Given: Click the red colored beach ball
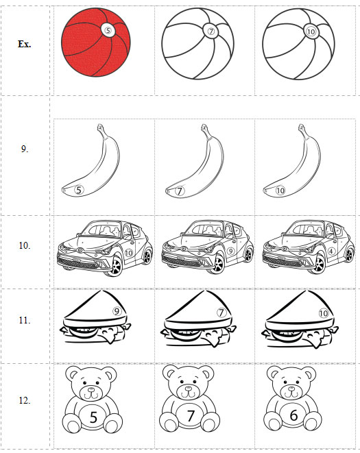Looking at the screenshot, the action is (96, 42).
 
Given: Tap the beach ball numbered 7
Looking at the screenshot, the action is (197, 44).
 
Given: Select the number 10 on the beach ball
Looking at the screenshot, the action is (311, 32).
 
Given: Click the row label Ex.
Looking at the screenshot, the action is (24, 44).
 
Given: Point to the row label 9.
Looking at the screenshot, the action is (24, 149).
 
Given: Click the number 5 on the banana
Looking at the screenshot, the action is (79, 190).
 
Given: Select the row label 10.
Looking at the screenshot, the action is (24, 245).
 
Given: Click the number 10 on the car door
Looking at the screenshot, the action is (128, 253).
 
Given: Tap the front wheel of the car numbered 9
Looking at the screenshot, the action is (218, 264).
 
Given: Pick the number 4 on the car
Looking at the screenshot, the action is (331, 251).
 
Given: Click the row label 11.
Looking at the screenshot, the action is (24, 321).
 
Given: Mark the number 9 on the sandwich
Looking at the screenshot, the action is (117, 311).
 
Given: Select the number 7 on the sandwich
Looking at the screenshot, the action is (221, 313).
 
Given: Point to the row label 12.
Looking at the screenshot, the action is (24, 400).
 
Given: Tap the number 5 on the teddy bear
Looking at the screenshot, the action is (93, 417).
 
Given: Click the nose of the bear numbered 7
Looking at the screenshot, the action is (189, 388).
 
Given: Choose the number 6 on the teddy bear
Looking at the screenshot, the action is (293, 415).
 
